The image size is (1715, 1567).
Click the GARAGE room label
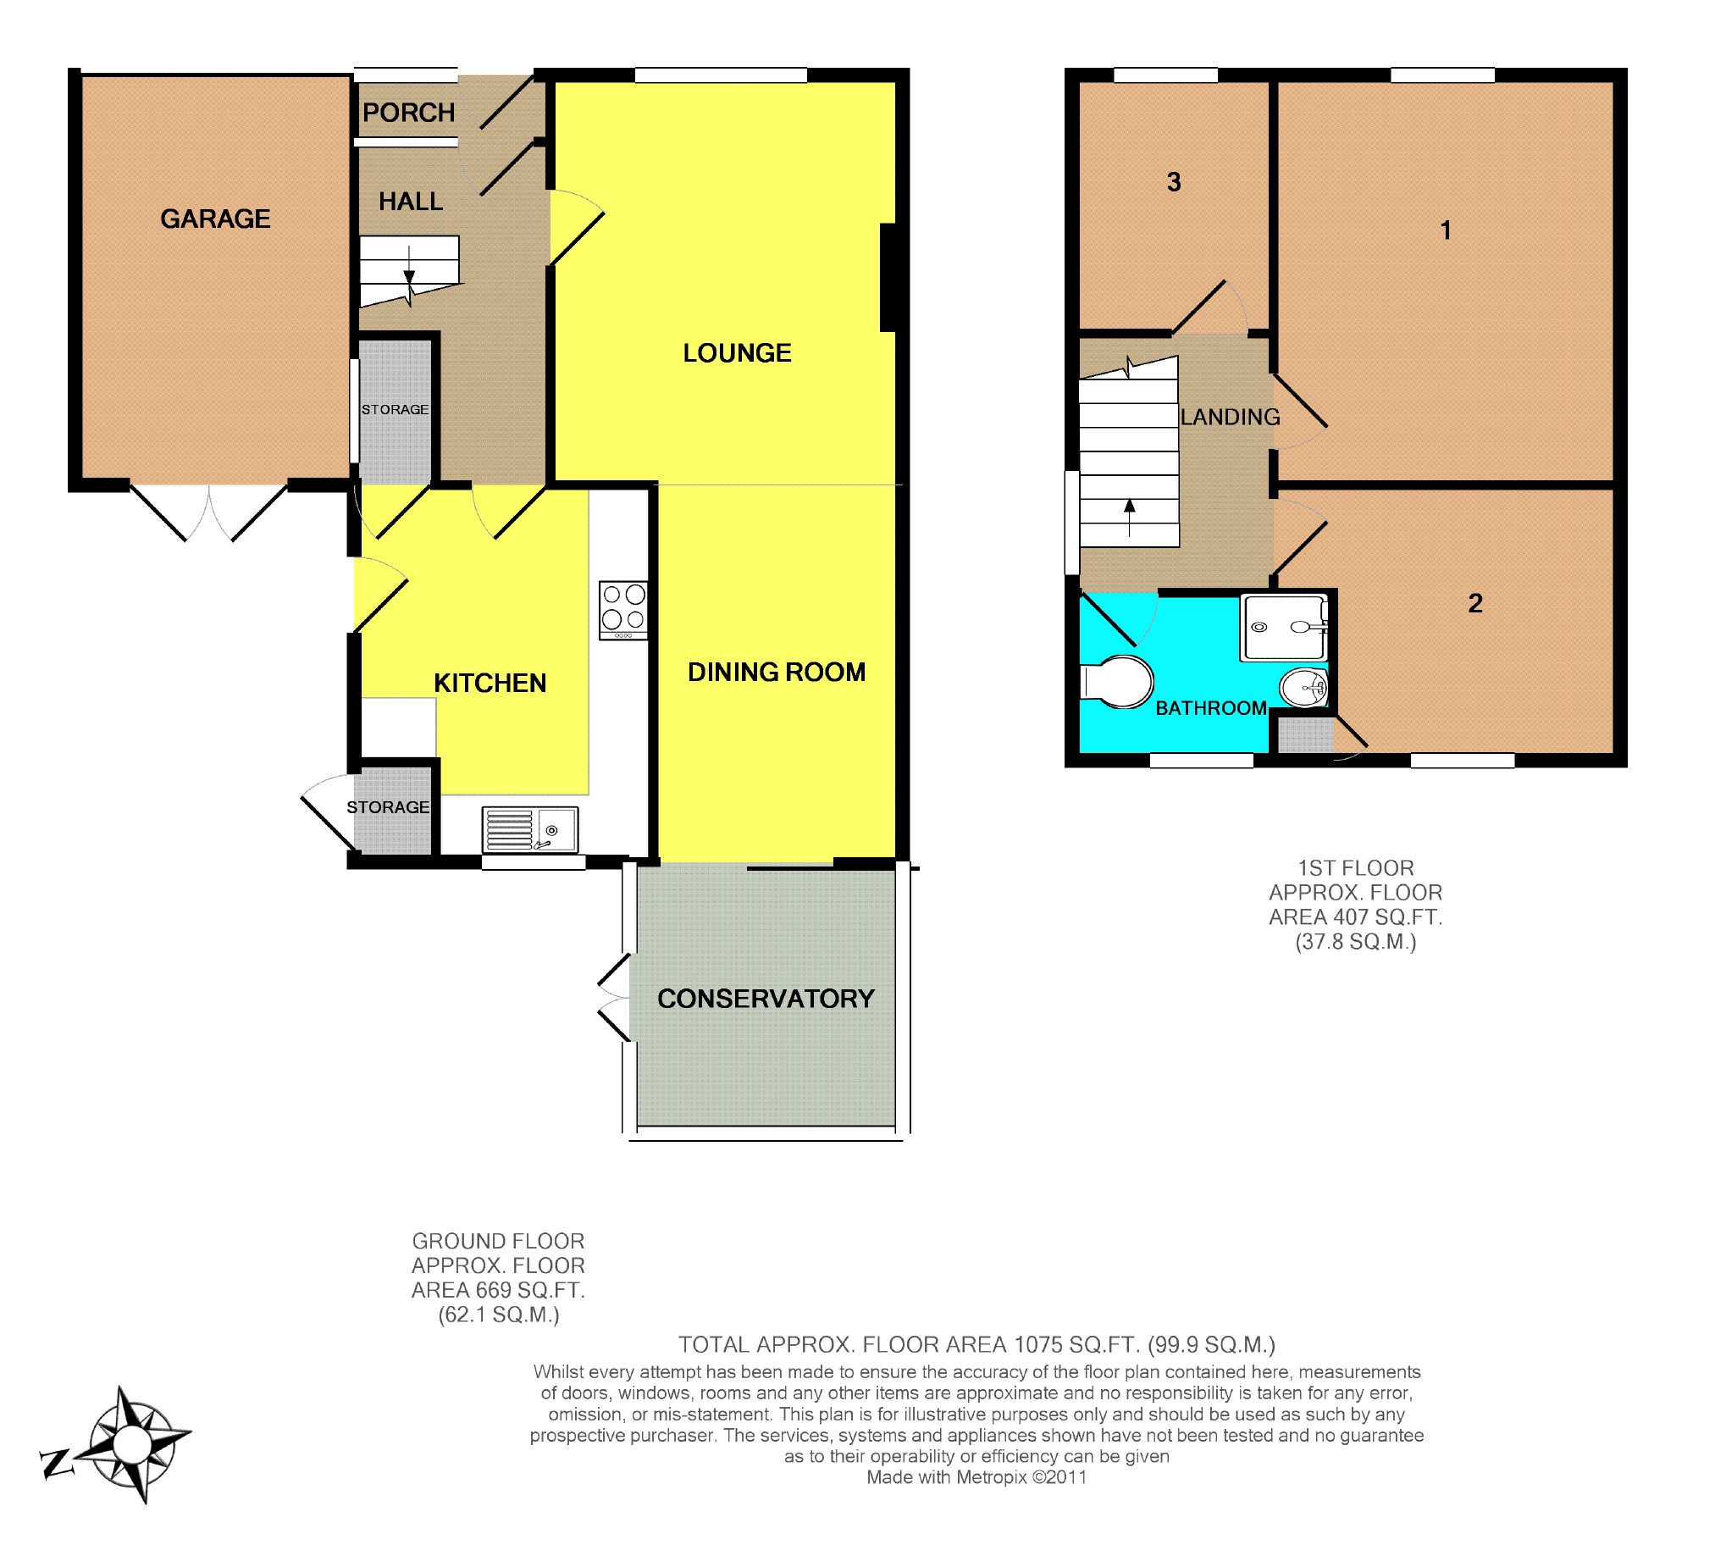click(x=215, y=219)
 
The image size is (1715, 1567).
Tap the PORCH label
click(x=408, y=113)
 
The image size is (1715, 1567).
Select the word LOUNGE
click(x=738, y=353)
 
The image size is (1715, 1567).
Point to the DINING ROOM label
click(x=777, y=672)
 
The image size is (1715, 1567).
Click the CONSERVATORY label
click(x=766, y=999)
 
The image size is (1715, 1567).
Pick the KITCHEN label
click(x=490, y=683)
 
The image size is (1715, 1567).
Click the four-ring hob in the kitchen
click(x=623, y=610)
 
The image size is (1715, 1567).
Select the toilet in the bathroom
click(x=1116, y=681)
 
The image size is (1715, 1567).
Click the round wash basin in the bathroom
click(x=1304, y=688)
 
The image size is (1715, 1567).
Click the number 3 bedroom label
click(x=1174, y=182)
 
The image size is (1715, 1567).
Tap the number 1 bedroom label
click(x=1446, y=230)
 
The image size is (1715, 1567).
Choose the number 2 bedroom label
click(x=1475, y=603)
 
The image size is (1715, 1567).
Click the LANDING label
click(x=1230, y=417)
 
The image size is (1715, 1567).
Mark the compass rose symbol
click(x=134, y=1444)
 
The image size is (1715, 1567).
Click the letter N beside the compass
click(x=56, y=1463)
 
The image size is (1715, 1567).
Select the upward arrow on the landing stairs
click(x=1129, y=518)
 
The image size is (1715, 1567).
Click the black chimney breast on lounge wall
click(x=888, y=277)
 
